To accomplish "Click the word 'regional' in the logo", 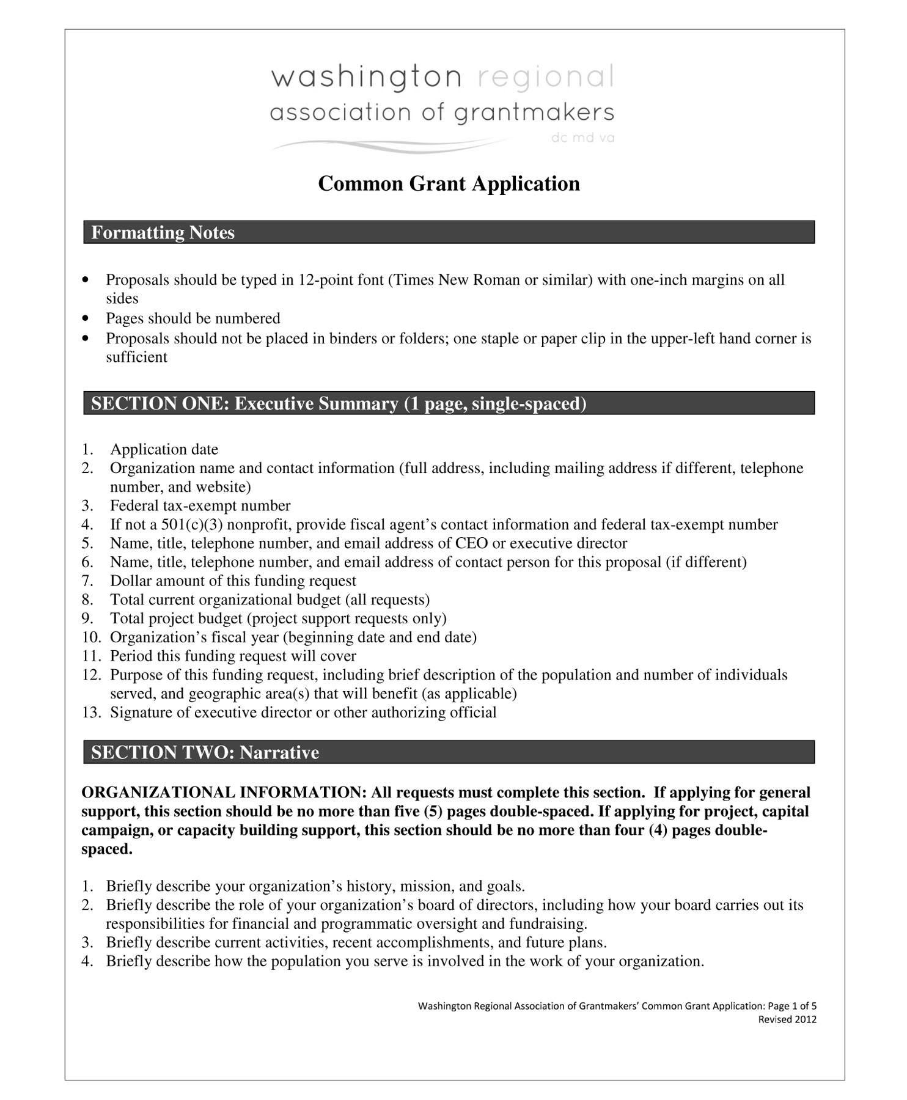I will [545, 78].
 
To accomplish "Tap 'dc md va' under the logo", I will [582, 138].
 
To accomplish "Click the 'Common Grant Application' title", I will [449, 184].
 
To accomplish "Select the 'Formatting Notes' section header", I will [163, 233].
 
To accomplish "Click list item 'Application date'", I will [164, 450].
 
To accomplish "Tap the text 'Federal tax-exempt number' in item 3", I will [200, 506].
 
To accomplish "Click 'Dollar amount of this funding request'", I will [233, 581].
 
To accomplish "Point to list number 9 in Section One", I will [87, 619].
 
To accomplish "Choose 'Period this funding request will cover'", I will [233, 656].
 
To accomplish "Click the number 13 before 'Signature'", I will [90, 713].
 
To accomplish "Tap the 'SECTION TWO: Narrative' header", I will [205, 752].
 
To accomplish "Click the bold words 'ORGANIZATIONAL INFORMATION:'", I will [224, 793].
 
